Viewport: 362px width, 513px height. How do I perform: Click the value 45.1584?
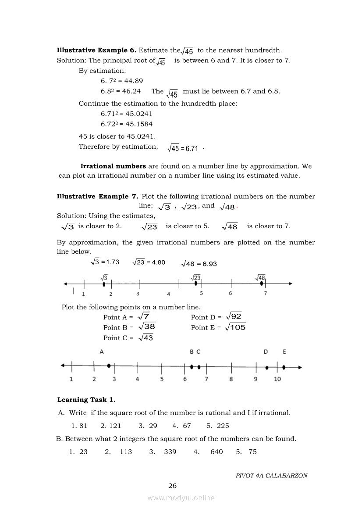point(139,124)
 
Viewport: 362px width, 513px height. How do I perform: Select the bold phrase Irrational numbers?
point(113,166)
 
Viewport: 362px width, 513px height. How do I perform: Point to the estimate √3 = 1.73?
point(105,262)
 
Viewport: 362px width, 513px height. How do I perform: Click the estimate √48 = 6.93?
point(199,264)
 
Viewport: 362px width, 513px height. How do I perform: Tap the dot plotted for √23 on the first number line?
point(196,283)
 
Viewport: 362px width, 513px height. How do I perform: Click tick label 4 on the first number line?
point(169,294)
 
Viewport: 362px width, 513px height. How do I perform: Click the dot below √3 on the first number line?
point(104,284)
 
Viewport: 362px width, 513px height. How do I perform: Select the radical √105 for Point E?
point(235,327)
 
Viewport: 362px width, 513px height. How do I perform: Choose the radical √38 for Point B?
point(146,327)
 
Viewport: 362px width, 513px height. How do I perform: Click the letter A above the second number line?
point(102,352)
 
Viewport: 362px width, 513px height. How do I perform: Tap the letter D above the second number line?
point(266,352)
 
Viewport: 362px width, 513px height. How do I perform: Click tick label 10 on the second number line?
point(277,379)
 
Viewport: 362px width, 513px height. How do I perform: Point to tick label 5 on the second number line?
point(162,379)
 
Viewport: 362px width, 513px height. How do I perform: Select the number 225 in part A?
point(223,426)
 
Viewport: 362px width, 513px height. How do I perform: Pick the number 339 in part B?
point(170,452)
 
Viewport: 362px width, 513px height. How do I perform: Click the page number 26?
point(173,485)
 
